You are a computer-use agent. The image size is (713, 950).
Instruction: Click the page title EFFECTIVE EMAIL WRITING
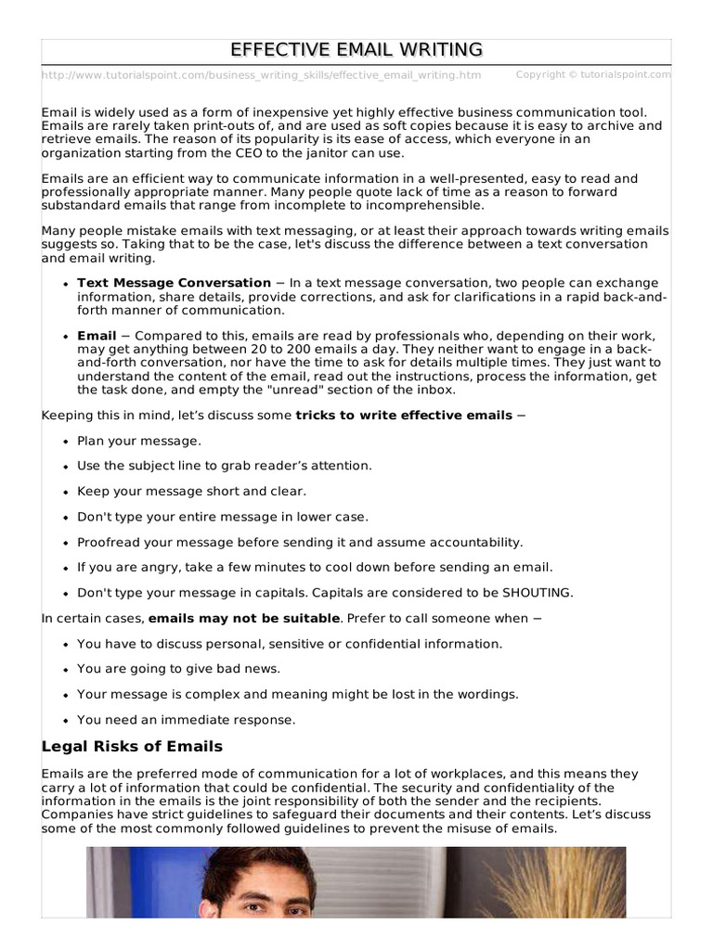point(356,50)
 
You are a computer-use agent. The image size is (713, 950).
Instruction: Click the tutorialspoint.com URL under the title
point(262,75)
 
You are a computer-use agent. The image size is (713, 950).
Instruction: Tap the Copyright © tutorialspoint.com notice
point(593,74)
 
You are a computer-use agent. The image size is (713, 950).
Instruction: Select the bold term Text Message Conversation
point(174,283)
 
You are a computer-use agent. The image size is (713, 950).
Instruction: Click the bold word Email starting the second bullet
point(97,336)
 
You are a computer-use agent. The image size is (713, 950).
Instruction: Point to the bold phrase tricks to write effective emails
point(404,416)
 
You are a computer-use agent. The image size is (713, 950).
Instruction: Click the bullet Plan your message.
point(139,441)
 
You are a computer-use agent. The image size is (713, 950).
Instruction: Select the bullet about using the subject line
point(224,466)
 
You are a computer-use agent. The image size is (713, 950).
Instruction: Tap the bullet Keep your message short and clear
point(191,491)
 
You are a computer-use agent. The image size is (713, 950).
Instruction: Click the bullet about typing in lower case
point(223,517)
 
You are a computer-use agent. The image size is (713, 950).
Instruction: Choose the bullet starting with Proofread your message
point(300,542)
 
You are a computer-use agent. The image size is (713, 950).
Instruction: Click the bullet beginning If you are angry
point(315,567)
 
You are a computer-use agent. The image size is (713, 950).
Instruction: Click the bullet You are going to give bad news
point(178,669)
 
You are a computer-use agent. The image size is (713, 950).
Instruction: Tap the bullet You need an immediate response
point(187,719)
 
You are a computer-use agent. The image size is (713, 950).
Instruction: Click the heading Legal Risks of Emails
point(133,747)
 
